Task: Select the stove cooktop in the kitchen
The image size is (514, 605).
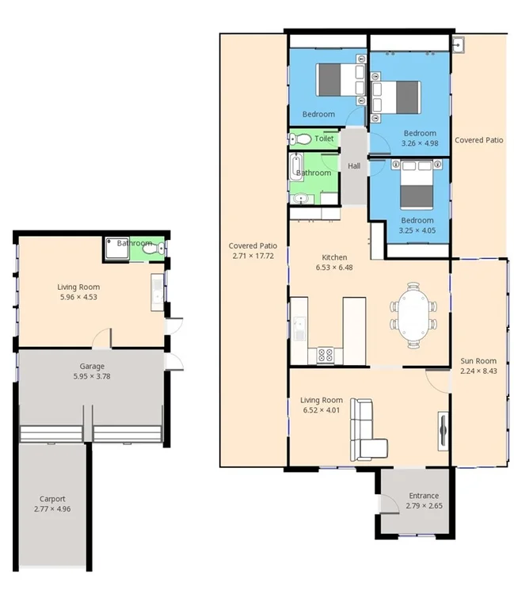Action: point(325,355)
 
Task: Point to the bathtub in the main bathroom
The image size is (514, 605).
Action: point(299,172)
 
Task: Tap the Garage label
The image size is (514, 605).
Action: point(92,367)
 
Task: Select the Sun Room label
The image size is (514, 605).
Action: point(478,362)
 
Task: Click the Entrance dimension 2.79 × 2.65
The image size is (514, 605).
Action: point(417,506)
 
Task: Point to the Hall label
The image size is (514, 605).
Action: point(354,166)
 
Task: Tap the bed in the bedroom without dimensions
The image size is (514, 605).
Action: point(340,78)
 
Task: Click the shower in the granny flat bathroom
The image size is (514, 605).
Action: point(118,249)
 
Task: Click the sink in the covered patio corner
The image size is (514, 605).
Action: point(460,44)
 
